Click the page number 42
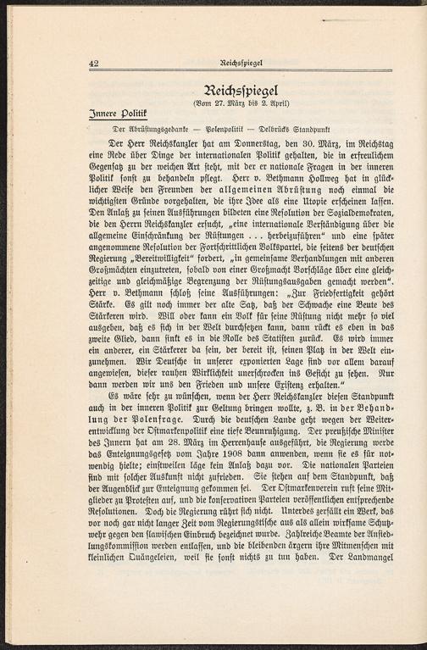[x=94, y=63]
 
